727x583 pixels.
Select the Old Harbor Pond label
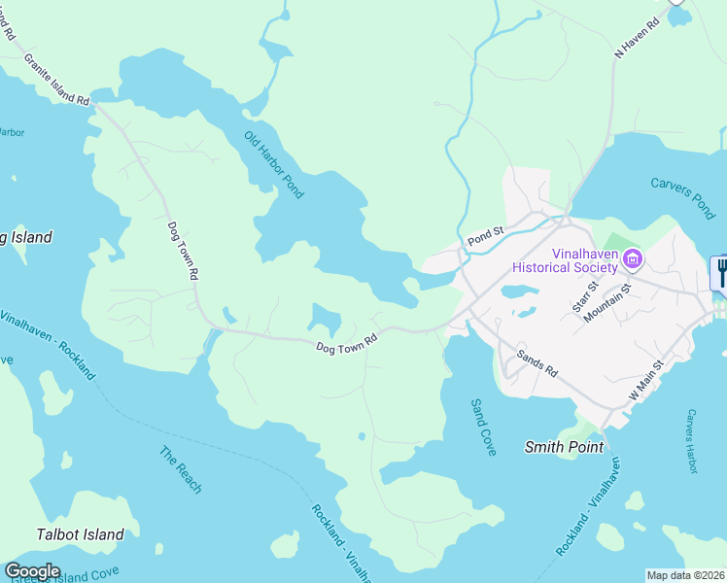tap(274, 164)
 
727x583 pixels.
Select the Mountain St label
tap(616, 301)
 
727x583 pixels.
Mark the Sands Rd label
tap(537, 364)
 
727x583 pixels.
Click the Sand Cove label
tap(483, 427)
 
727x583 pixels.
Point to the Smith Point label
tap(564, 447)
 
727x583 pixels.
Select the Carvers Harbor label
tap(692, 441)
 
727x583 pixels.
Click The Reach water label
tap(181, 469)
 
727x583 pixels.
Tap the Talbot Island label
tap(80, 533)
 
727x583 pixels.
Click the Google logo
tap(33, 571)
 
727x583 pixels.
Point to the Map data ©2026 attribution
tap(685, 575)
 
